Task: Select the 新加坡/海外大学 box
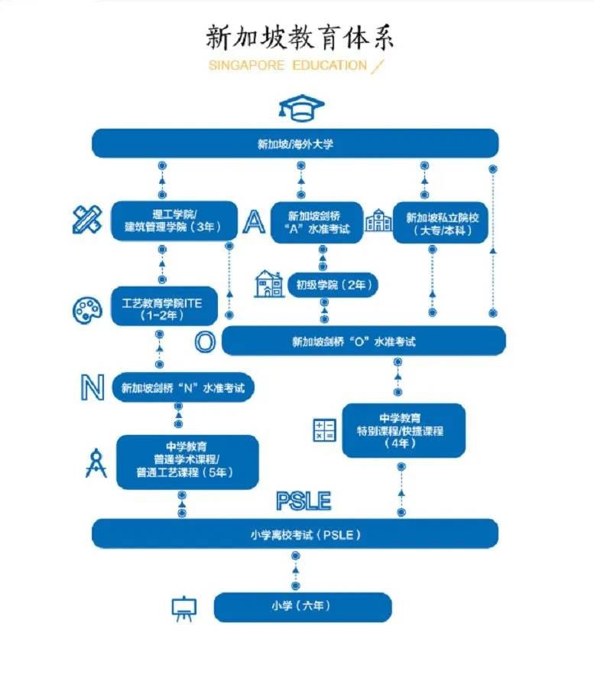(295, 143)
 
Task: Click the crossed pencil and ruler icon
(87, 219)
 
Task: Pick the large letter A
(253, 221)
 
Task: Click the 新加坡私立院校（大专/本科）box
(440, 223)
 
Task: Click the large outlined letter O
(204, 341)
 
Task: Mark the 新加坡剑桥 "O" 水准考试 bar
(363, 341)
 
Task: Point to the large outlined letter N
(92, 388)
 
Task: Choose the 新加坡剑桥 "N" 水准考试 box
(183, 388)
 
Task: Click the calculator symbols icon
(323, 430)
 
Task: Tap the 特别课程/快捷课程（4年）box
(404, 430)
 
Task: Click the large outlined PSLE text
(303, 501)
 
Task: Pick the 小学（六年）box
(303, 606)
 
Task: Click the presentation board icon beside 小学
(183, 609)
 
